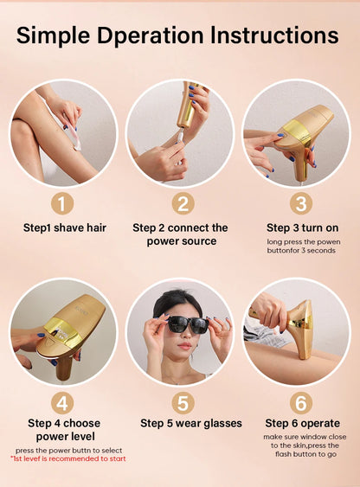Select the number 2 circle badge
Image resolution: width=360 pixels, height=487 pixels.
coord(181,203)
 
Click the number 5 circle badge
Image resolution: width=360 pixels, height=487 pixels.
coord(181,402)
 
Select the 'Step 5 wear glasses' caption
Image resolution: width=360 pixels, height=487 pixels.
coord(191,424)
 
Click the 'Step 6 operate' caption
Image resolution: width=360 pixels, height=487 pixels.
coord(301,424)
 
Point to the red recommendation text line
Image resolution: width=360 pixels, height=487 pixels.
coord(68,459)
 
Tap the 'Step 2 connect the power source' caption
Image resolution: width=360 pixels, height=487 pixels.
coord(181,234)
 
